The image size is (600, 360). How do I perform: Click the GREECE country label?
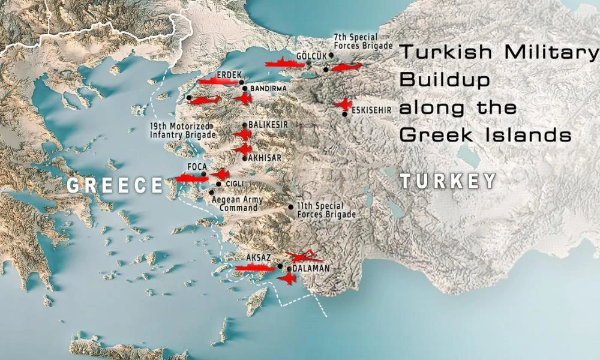(115, 185)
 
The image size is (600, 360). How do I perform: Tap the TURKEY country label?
(448, 181)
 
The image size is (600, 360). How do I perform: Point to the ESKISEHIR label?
(371, 110)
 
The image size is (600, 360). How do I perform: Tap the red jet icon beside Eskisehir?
(343, 104)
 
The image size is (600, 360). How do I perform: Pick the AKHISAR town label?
(265, 158)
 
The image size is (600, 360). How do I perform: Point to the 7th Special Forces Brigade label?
(362, 41)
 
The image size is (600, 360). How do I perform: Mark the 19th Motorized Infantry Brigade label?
(182, 131)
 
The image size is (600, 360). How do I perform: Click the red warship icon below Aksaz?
(255, 268)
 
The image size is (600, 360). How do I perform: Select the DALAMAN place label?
(311, 269)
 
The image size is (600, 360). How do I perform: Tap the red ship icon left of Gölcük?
(283, 63)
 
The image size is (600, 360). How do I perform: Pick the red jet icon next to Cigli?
(220, 174)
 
